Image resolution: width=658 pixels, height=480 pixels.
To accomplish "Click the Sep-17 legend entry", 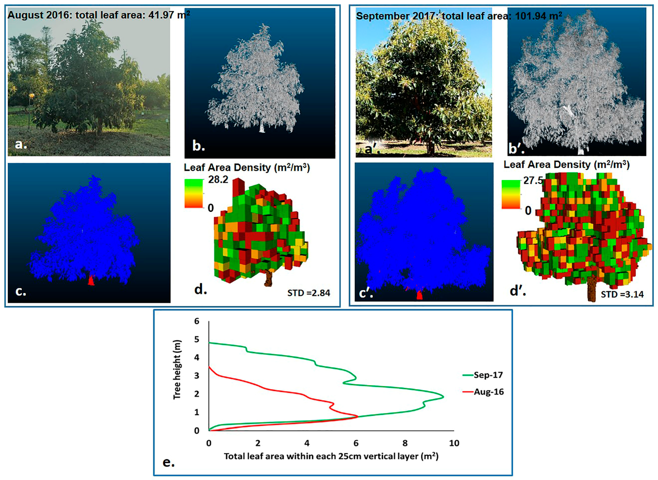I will pos(488,375).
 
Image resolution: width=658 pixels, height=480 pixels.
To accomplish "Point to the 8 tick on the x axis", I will pos(405,443).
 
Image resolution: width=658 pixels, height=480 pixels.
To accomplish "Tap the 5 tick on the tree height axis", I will pos(197,339).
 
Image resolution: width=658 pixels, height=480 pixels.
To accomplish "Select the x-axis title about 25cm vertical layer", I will pos(331,456).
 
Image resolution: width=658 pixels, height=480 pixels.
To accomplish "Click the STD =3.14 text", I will pos(622,294).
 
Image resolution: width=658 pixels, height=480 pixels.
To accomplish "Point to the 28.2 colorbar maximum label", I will pos(218,180).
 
